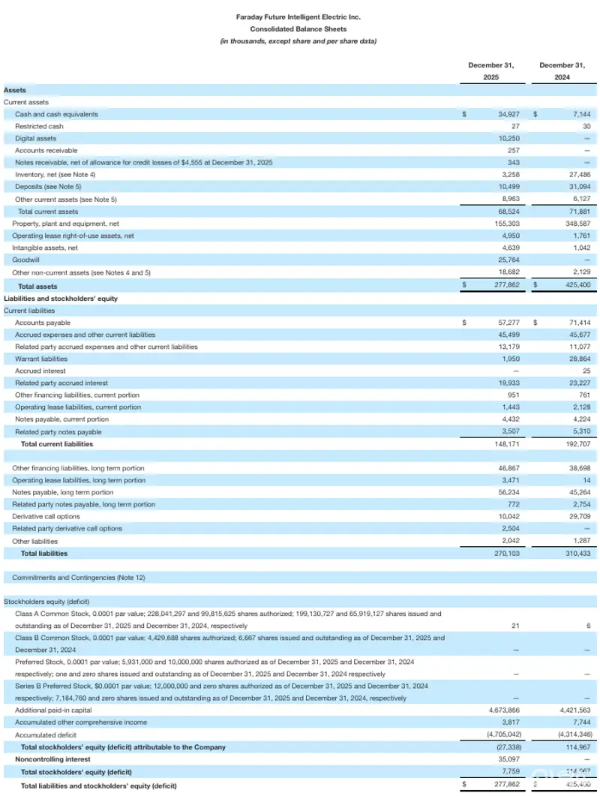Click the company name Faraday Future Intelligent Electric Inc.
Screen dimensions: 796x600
(298, 16)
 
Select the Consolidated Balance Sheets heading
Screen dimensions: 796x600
(298, 29)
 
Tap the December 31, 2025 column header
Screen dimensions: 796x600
(490, 71)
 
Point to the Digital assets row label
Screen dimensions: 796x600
(35, 138)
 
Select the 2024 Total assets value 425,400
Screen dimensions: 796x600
(574, 285)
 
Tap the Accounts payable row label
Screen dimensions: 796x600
(43, 323)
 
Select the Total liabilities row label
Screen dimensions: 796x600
(44, 553)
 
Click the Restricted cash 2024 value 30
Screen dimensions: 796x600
(586, 126)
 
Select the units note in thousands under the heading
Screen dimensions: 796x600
(298, 41)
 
